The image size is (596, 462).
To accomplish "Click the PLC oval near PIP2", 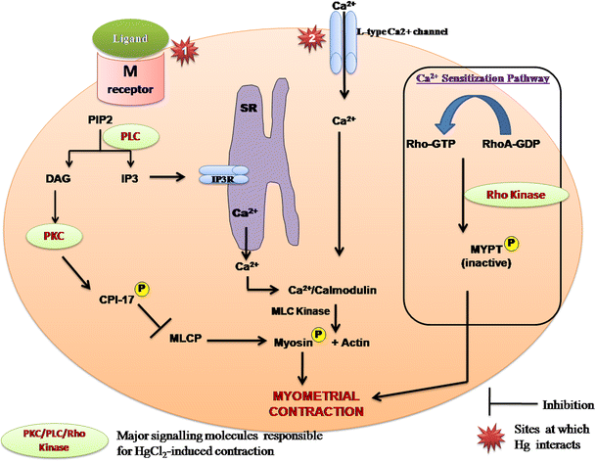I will click(x=152, y=138).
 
